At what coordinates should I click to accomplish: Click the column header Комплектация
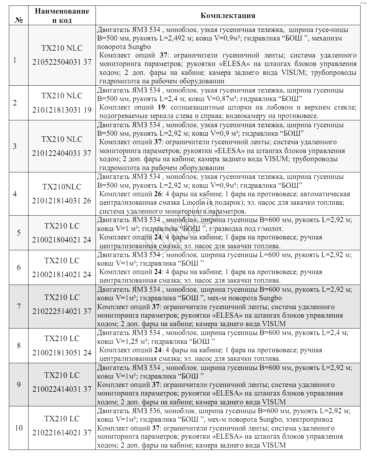228,16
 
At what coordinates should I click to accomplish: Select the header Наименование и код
62,16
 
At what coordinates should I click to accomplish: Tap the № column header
19,20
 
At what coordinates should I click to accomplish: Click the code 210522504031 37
62,62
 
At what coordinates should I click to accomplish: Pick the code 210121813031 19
62,110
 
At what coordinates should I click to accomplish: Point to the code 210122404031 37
62,153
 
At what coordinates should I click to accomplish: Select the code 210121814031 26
62,201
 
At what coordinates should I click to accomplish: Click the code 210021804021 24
62,240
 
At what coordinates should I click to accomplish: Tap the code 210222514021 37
62,311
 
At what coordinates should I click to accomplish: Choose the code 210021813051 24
62,353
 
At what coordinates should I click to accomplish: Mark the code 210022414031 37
62,389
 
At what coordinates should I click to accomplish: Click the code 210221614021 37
62,433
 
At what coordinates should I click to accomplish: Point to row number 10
19,428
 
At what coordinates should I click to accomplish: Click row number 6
19,268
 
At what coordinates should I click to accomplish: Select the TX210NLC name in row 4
62,187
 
